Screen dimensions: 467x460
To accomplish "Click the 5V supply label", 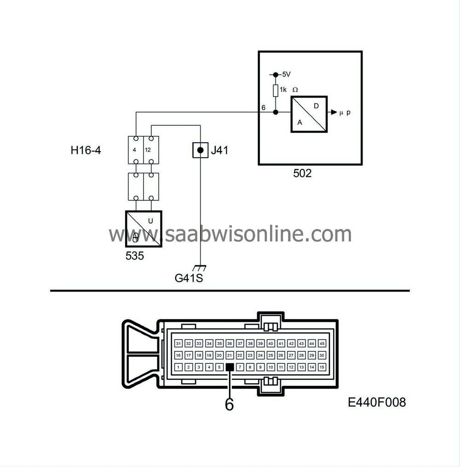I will [286, 75].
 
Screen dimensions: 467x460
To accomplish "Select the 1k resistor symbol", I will [276, 90].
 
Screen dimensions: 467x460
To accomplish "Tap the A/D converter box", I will [309, 114].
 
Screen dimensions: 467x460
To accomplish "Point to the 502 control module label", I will [302, 174].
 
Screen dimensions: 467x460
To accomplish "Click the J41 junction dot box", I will [200, 150].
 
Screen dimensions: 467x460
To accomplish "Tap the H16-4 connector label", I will [86, 150].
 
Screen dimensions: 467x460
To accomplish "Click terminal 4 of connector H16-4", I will [136, 150].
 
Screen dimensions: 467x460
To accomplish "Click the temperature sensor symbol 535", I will [144, 229].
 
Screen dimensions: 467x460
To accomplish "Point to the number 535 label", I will [134, 256].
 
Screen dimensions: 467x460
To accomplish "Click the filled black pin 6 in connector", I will [230, 367].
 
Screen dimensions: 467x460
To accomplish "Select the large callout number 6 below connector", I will [229, 404].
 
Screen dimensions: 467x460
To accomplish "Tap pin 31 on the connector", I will [178, 344].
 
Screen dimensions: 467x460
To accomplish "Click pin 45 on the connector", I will [322, 344].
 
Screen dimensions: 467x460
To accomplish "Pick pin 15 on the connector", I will [322, 367].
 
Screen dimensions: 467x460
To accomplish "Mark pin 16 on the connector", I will [178, 356].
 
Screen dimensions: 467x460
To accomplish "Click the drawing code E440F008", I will [377, 402].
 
